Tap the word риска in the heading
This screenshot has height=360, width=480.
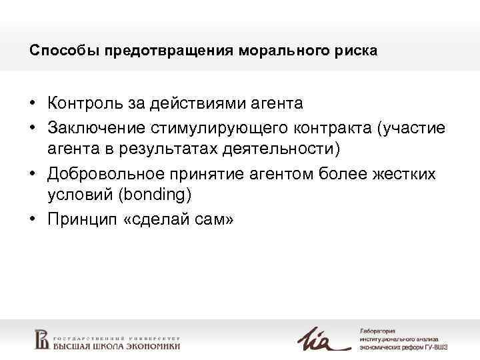358,51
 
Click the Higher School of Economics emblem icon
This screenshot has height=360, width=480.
42,339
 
